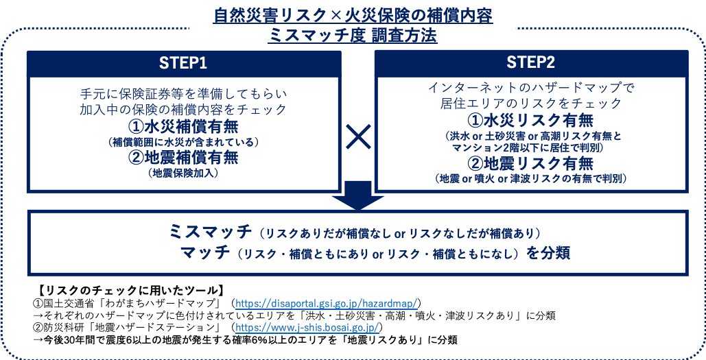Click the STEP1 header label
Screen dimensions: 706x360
pyautogui.click(x=183, y=62)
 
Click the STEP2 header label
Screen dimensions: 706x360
pyautogui.click(x=530, y=62)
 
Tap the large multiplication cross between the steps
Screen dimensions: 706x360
pyautogui.click(x=357, y=139)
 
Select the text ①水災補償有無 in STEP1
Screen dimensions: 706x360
pyautogui.click(x=183, y=127)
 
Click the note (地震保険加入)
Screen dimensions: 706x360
pyautogui.click(x=183, y=173)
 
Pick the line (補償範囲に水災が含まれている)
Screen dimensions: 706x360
pyautogui.click(x=183, y=142)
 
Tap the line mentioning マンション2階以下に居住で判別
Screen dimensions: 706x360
pyautogui.click(x=530, y=147)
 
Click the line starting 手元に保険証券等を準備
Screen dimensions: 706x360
pyautogui.click(x=183, y=93)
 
